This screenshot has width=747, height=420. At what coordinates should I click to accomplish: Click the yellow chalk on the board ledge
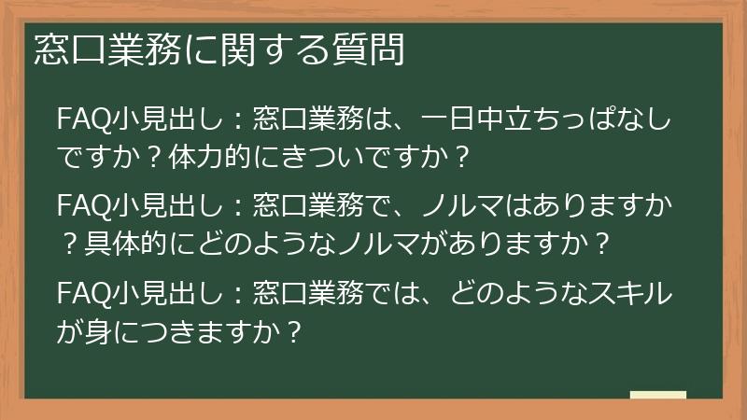click(657, 395)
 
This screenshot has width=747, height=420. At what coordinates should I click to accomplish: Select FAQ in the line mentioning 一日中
click(79, 120)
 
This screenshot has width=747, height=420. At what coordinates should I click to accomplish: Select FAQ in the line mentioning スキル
click(79, 296)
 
